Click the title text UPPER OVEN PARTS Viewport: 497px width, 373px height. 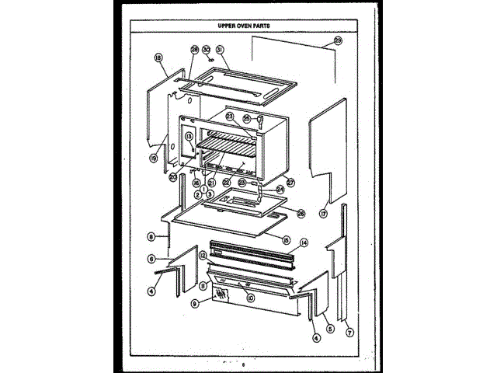pos(248,26)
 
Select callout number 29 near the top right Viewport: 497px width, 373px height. pos(338,40)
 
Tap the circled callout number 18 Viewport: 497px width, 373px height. pos(158,57)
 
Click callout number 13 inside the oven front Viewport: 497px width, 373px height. pos(189,136)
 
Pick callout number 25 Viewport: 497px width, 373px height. pos(246,119)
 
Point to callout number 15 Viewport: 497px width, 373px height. pos(286,239)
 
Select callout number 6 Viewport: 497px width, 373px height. pos(153,259)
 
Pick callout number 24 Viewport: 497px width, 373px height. pos(280,188)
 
